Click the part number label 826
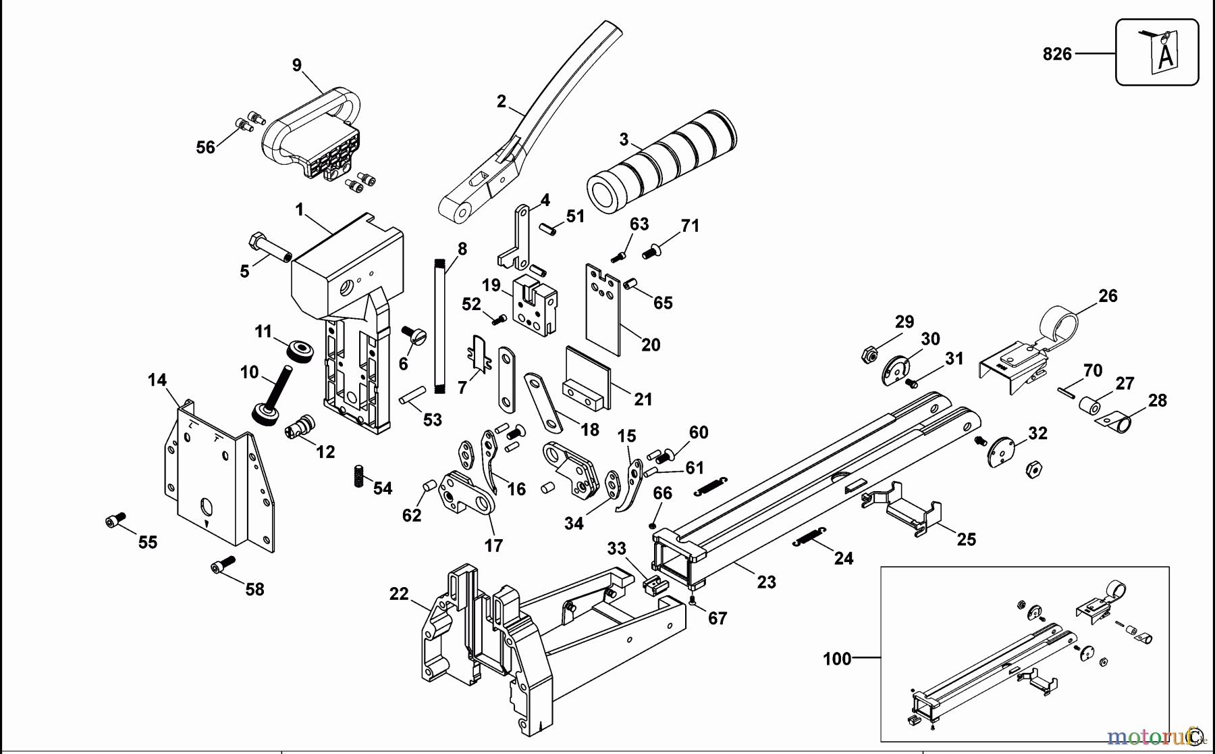pyautogui.click(x=1056, y=54)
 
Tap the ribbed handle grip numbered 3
pyautogui.click(x=661, y=161)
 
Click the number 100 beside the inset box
pyautogui.click(x=837, y=658)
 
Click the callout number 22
pyautogui.click(x=399, y=594)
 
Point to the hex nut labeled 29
pyautogui.click(x=869, y=353)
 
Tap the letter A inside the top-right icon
pyautogui.click(x=1165, y=58)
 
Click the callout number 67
pyautogui.click(x=717, y=618)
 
